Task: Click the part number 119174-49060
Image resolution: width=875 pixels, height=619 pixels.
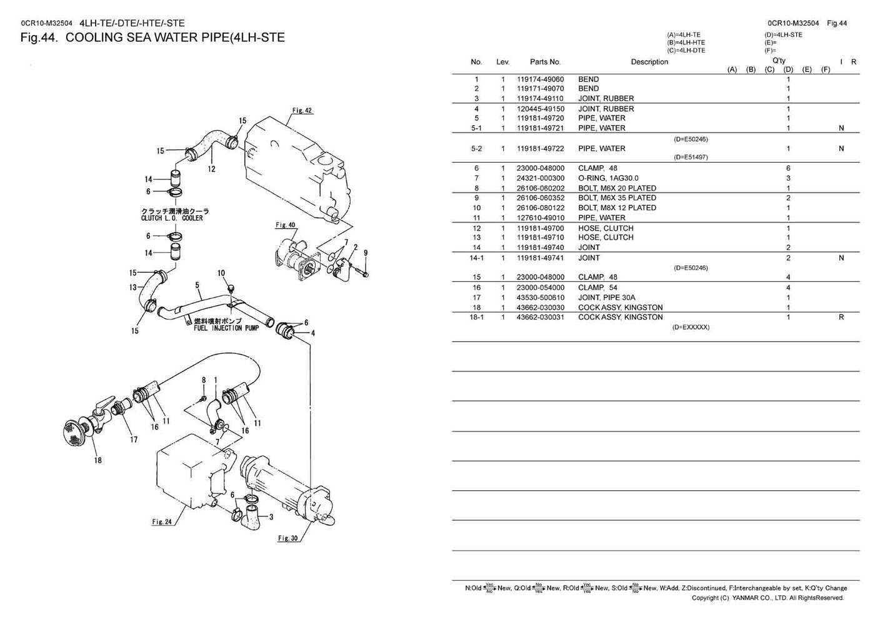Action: pos(540,79)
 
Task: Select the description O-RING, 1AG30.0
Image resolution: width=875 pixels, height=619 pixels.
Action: pos(608,178)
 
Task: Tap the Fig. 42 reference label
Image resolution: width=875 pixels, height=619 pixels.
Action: pos(302,111)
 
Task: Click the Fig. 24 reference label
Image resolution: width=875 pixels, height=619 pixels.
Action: pos(161,521)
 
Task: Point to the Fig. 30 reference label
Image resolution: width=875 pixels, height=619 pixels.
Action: pos(288,538)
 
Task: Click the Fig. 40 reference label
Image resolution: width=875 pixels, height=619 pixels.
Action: pos(286,225)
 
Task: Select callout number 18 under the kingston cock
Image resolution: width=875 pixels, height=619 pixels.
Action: pos(98,461)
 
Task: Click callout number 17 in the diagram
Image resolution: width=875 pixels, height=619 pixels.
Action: pos(134,439)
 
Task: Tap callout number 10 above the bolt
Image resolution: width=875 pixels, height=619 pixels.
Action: pos(221,273)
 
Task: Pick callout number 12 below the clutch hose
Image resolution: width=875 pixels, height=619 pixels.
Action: pos(212,169)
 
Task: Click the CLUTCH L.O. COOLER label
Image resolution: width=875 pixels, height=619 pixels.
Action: pos(172,218)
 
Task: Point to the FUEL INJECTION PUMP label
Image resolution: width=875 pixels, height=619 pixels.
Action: pos(217,327)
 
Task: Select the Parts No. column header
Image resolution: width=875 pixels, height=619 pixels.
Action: pos(545,62)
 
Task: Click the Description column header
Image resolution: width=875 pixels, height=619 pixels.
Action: pos(649,62)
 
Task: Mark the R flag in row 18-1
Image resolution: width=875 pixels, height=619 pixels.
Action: pos(841,317)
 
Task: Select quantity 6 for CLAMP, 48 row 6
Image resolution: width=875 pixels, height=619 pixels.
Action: pos(788,168)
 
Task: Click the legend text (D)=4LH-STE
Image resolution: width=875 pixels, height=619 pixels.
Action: pos(783,35)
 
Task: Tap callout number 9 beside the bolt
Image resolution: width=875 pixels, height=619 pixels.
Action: pos(366,253)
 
